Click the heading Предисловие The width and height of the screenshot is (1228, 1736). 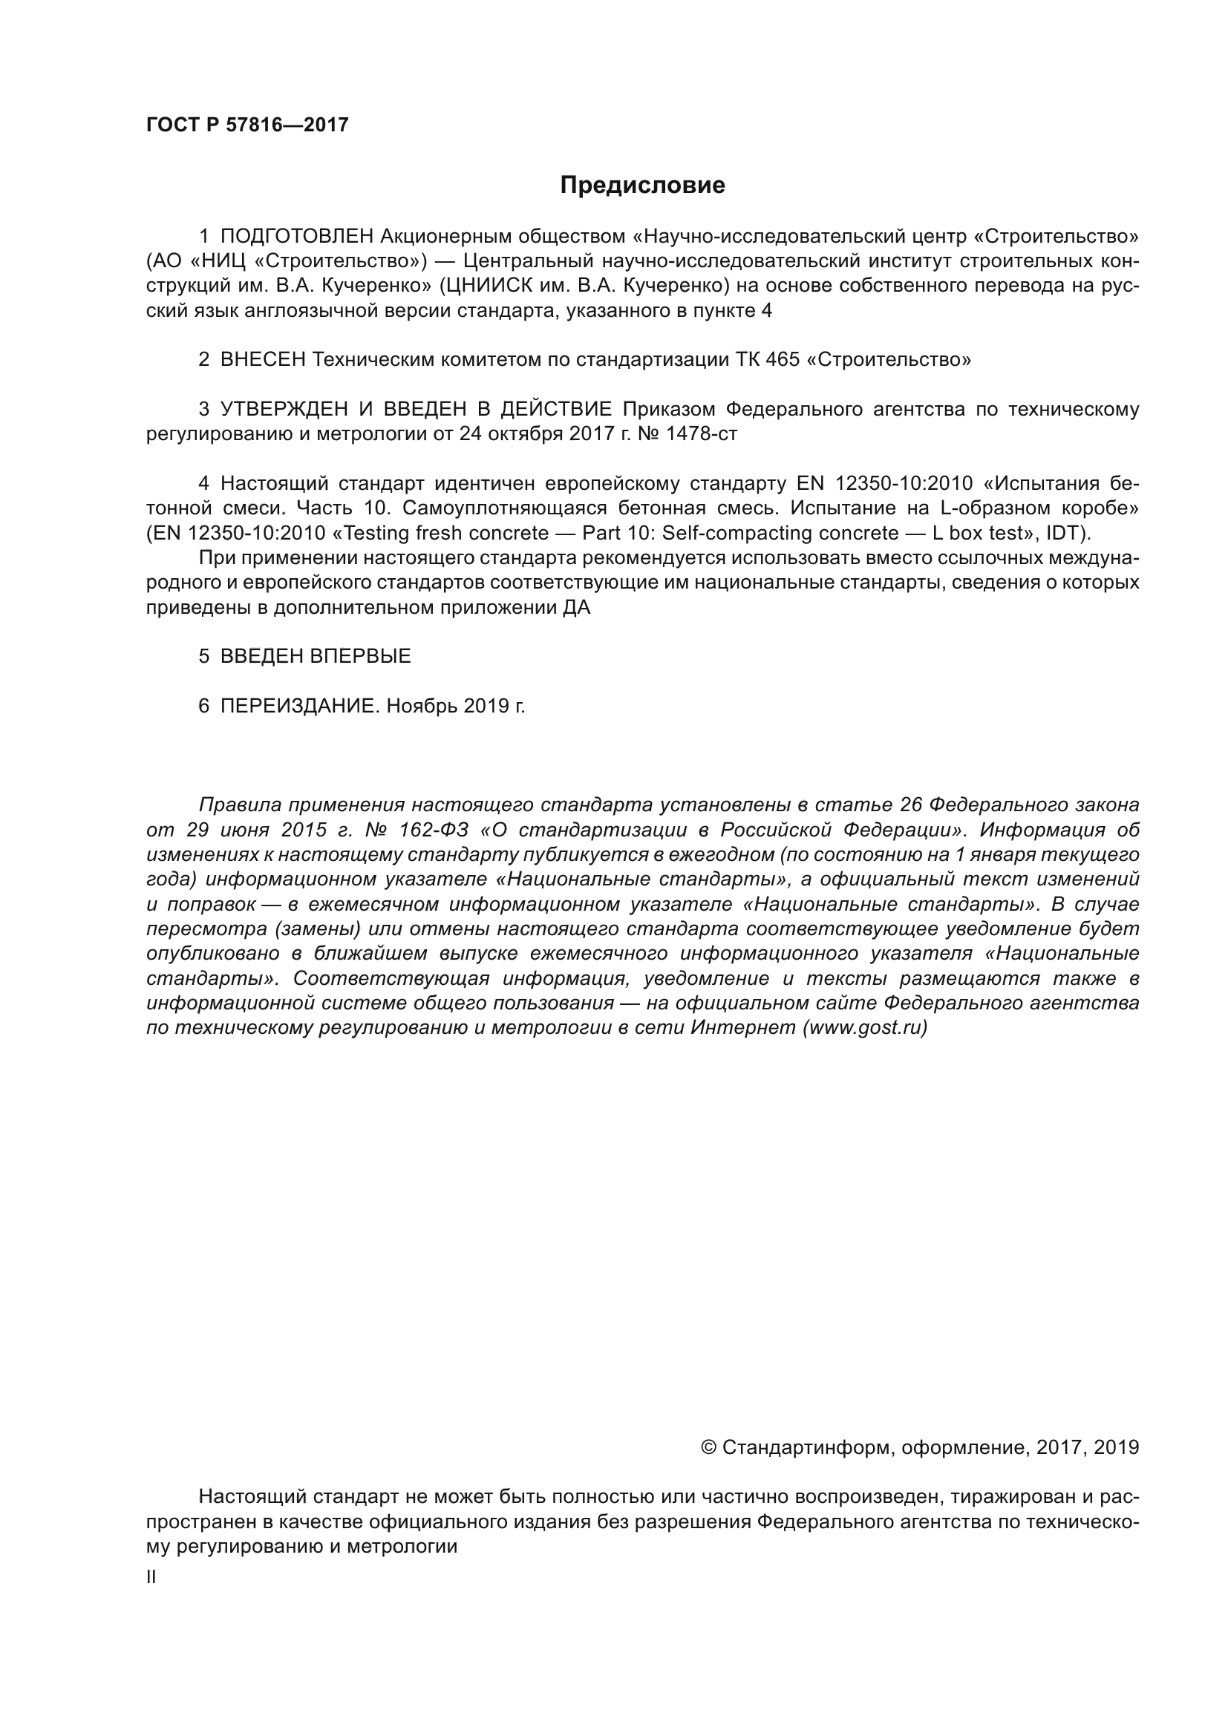[x=642, y=186]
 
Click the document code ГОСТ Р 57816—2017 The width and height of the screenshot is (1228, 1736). [x=247, y=125]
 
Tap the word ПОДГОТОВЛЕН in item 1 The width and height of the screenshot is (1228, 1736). [x=296, y=236]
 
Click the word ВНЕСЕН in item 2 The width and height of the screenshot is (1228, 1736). [x=262, y=359]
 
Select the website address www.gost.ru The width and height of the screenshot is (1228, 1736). [x=864, y=1027]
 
